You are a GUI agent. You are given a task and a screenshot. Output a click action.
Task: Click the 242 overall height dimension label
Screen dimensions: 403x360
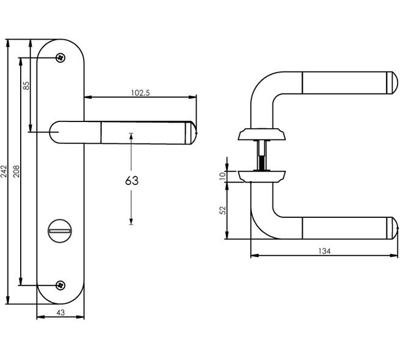point(4,171)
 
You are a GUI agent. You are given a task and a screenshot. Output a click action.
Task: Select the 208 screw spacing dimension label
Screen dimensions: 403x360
point(16,171)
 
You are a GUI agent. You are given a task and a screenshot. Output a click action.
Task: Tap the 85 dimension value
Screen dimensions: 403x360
point(26,85)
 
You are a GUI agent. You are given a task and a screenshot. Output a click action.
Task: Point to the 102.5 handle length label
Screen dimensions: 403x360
point(140,93)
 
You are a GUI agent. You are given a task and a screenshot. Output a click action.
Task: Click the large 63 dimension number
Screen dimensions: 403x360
point(132,181)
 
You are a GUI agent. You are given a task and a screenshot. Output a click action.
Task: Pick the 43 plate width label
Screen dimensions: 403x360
point(60,312)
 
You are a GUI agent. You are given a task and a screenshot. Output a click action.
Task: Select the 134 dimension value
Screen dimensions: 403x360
point(324,251)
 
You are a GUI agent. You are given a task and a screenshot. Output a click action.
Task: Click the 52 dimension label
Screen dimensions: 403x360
point(223,211)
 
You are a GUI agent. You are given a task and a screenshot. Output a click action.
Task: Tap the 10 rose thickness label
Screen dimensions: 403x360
point(223,176)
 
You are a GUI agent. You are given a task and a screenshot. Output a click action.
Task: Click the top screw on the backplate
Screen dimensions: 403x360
point(60,58)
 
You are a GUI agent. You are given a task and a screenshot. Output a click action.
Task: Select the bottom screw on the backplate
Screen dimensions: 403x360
point(60,286)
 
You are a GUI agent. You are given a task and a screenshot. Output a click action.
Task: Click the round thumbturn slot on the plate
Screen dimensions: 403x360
point(60,231)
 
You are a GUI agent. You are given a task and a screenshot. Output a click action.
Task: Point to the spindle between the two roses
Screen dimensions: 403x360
point(262,156)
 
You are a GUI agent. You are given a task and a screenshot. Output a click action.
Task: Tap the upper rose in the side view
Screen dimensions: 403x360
point(261,134)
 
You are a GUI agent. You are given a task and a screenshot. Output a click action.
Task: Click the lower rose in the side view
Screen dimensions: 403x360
point(261,176)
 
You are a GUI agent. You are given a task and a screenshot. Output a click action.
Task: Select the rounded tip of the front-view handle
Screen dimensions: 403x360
point(191,133)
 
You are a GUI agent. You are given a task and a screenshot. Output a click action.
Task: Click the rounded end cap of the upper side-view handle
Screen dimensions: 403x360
point(392,83)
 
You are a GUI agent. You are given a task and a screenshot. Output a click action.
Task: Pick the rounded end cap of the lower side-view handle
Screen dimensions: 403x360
point(392,228)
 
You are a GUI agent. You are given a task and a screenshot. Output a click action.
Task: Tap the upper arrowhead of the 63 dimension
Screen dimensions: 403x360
point(131,137)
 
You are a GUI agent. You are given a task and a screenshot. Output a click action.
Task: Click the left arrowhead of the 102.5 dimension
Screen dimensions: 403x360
point(88,97)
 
